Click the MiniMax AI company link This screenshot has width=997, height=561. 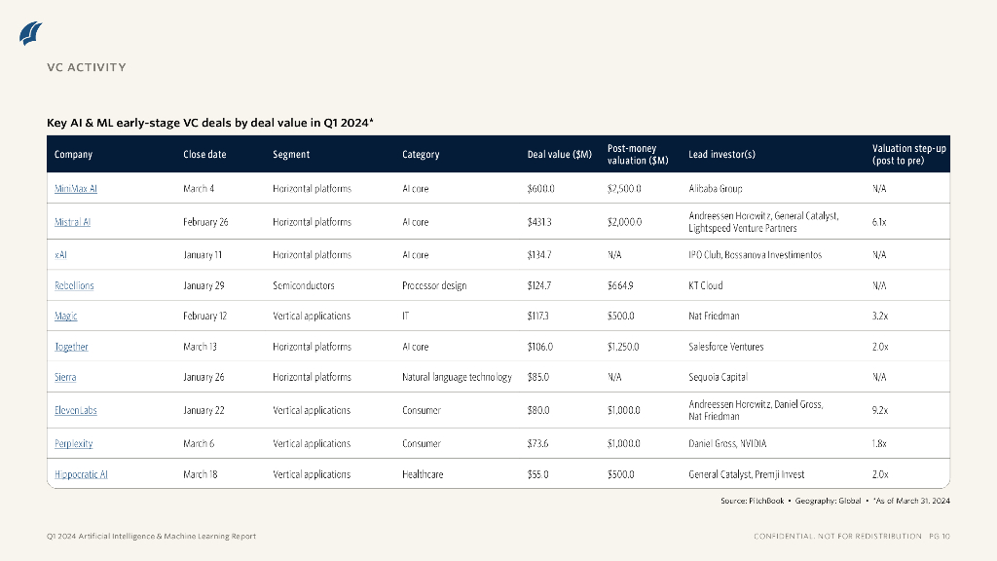(76, 189)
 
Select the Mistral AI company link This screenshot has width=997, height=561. (73, 222)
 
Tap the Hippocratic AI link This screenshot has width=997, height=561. (81, 474)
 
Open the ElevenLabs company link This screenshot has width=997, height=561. (76, 410)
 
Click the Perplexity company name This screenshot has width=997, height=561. (74, 443)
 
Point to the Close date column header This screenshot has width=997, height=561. (204, 154)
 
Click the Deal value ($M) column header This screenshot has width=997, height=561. (560, 154)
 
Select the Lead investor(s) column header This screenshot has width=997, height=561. (721, 154)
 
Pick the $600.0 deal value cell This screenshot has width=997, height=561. (540, 189)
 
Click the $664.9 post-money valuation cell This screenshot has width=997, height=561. (620, 285)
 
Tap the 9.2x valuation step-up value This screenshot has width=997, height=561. (879, 410)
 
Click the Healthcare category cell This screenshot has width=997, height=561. (423, 474)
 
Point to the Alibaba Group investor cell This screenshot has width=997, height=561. (716, 189)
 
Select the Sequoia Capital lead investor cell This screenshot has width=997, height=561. (718, 377)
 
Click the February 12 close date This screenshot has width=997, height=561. (205, 316)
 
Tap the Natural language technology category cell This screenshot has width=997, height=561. (457, 377)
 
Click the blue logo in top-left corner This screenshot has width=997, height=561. (31, 33)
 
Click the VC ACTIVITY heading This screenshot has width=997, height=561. (87, 67)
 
